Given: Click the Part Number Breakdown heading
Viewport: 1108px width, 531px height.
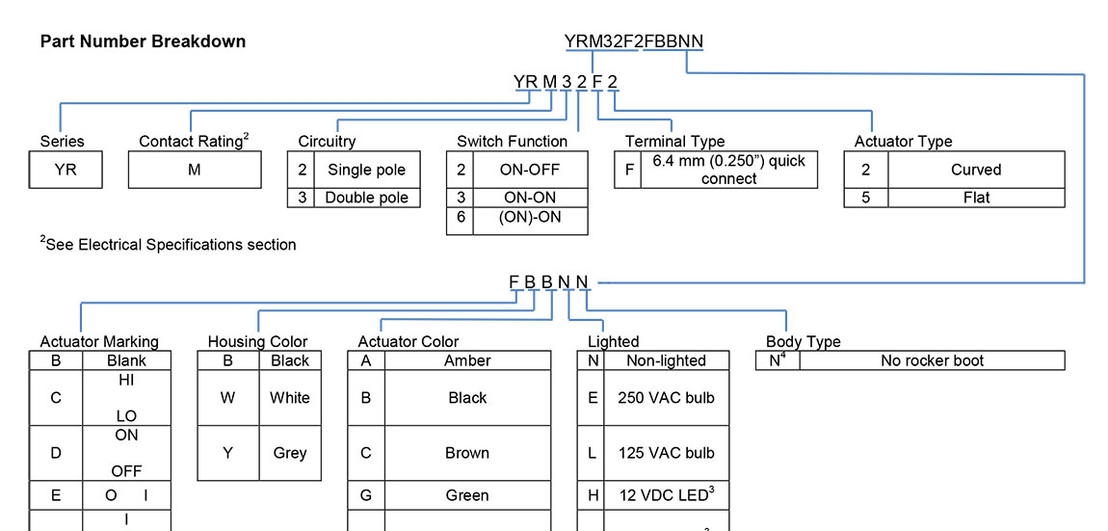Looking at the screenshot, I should coord(143,41).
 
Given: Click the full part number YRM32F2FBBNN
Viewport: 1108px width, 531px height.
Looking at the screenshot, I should coord(633,40).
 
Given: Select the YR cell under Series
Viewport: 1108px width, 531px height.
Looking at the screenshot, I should coord(66,170).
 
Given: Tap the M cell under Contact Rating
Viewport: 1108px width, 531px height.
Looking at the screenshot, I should coord(195,170).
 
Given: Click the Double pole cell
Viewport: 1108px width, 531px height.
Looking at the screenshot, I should coord(366,198).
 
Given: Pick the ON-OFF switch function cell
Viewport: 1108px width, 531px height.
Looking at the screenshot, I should coord(531,170).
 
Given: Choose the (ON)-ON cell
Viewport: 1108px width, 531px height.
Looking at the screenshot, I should coord(531,218).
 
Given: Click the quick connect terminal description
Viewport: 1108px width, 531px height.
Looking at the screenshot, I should coord(728,170).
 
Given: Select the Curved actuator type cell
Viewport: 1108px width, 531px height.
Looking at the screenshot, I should coord(976,170).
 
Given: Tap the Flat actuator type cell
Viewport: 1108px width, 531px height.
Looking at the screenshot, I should coord(976,198).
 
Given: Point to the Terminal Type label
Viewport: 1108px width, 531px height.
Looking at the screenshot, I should coord(674,142).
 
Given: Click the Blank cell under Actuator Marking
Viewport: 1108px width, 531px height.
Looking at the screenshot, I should coord(127,360).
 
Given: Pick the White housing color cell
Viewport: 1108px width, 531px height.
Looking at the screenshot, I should coord(289,397).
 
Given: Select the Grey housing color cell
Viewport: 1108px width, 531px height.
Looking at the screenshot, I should coord(289,453).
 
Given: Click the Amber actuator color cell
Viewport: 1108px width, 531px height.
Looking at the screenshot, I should coord(467,360).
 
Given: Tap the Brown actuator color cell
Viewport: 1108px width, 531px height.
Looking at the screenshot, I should coord(467,453).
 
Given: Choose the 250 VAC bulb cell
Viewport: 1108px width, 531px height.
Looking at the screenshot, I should coord(666,397).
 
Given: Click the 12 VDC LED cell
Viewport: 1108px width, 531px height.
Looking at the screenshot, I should coord(666,495).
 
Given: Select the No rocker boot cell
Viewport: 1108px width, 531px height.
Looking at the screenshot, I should coord(932,360).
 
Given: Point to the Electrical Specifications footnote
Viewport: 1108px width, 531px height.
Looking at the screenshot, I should coord(169,245).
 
